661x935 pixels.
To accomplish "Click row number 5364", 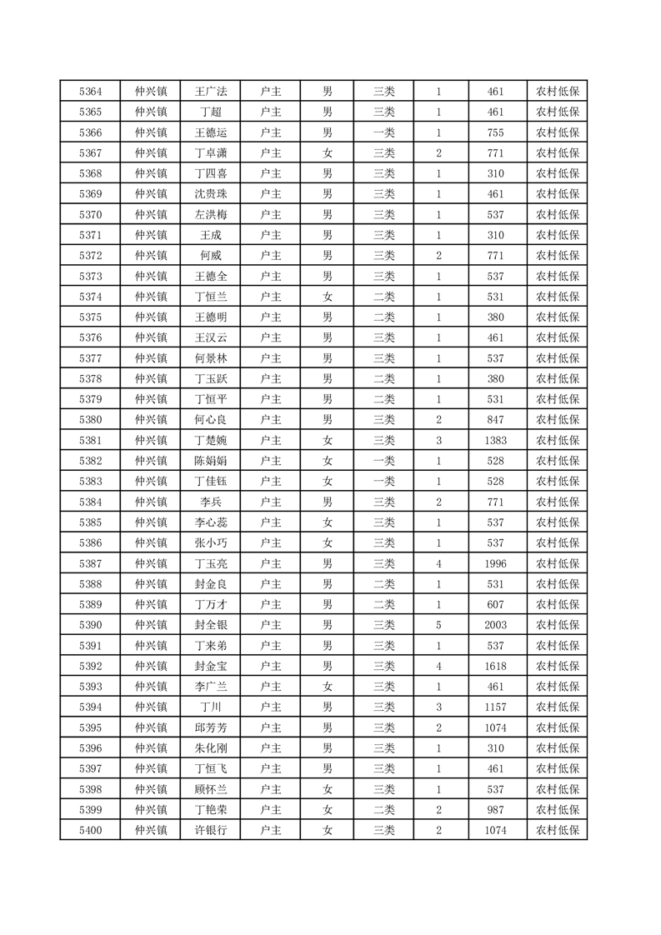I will point(90,92).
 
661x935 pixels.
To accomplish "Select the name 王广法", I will point(210,92).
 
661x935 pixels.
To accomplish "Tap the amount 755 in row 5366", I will point(496,132).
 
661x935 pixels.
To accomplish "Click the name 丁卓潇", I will point(210,153).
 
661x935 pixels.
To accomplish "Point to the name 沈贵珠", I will point(210,194).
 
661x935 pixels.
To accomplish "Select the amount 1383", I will point(496,440).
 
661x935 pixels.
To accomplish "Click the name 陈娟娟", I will point(210,461).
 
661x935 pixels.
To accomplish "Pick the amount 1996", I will point(496,563).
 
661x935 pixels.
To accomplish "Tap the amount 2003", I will point(496,625).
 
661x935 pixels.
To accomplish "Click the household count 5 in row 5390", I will point(438,625).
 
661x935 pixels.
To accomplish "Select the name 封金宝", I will point(210,666).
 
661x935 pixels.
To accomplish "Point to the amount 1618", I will point(496,666).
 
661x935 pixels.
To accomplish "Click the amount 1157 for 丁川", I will point(496,707).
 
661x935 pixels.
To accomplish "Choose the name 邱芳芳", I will point(210,727).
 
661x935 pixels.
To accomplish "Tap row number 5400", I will point(90,830).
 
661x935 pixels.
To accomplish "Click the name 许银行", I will point(210,830).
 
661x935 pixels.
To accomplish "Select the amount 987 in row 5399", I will point(496,809).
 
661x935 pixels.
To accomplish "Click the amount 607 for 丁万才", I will point(496,604).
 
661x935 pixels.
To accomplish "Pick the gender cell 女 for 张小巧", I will point(328,542).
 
